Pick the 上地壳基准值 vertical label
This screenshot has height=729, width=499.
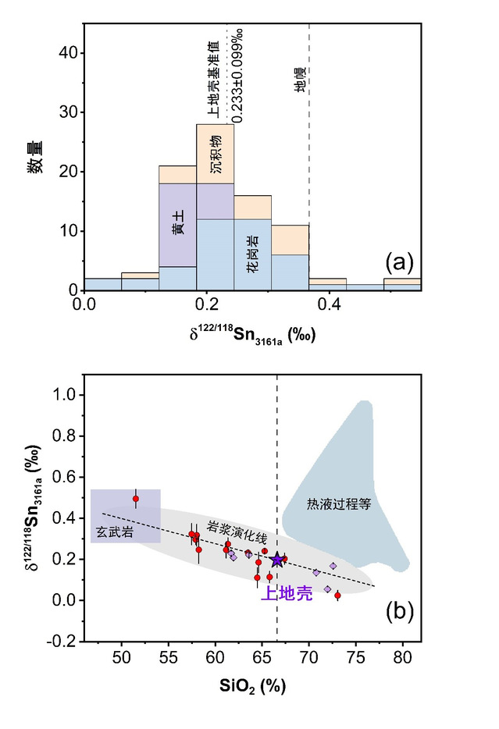(212, 80)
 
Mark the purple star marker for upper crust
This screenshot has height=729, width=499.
(277, 560)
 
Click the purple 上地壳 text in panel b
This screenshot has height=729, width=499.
(286, 594)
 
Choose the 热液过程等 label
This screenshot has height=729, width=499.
(337, 504)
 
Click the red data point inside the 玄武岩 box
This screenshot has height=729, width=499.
(135, 499)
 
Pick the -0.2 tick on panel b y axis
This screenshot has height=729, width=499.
(64, 641)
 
